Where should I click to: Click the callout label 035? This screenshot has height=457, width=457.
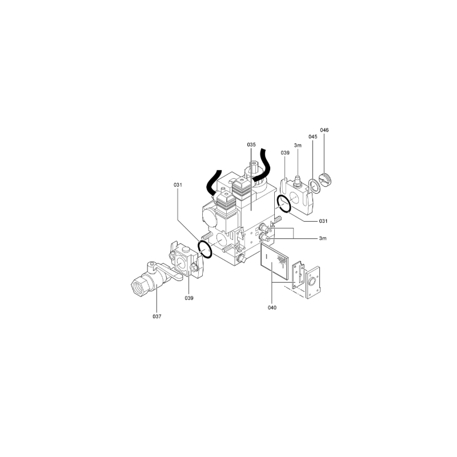(251, 145)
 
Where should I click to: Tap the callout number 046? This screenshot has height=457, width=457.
(324, 130)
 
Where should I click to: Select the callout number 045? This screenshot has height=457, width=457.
(313, 137)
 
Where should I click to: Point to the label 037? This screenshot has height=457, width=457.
(157, 316)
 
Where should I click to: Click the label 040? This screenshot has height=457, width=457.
(272, 307)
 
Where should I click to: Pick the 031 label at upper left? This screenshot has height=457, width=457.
(178, 185)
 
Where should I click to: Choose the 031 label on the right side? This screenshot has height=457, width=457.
(323, 221)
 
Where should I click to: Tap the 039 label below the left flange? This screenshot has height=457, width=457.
(189, 298)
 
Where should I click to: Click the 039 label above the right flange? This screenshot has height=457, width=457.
(285, 153)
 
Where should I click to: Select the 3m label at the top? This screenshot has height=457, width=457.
(298, 146)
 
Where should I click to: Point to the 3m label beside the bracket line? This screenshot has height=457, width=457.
(323, 238)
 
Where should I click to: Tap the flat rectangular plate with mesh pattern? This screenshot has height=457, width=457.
(274, 262)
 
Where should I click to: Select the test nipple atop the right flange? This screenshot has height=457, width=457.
(298, 180)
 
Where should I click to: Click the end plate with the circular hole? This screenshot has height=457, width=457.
(312, 283)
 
